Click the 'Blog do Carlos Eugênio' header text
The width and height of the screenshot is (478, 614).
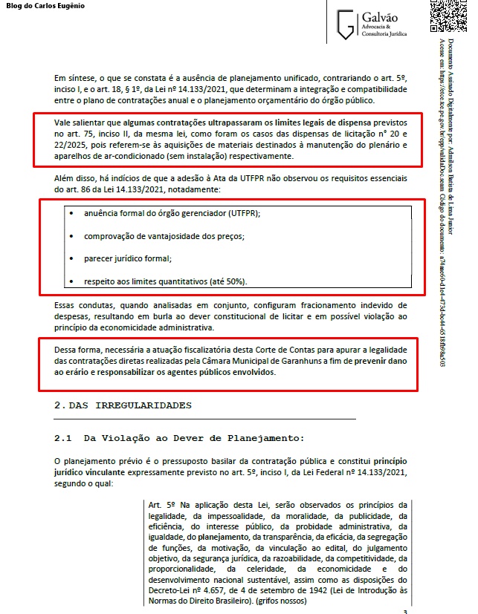(x=45, y=6)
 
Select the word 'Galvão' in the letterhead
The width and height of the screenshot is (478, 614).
(x=382, y=16)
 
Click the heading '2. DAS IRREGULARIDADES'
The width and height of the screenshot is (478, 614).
(x=123, y=405)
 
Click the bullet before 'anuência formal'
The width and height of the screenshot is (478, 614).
(x=71, y=213)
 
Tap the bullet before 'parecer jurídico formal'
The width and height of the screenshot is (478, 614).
(x=71, y=259)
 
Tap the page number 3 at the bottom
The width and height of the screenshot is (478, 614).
(x=404, y=611)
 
